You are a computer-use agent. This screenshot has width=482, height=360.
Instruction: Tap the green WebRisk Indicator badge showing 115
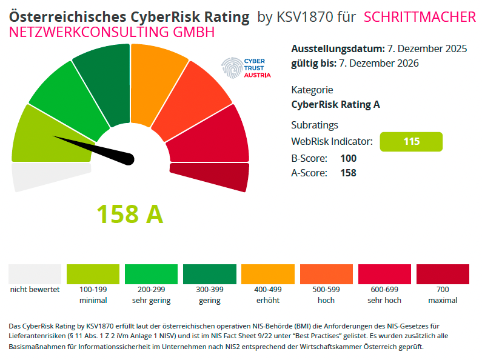(x=411, y=142)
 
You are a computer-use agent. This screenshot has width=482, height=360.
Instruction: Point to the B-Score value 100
(x=348, y=158)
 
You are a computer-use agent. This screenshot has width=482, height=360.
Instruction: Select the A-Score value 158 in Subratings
(x=348, y=173)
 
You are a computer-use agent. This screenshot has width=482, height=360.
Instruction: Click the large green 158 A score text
(x=130, y=213)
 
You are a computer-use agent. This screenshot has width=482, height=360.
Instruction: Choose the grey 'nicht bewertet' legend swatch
(x=35, y=274)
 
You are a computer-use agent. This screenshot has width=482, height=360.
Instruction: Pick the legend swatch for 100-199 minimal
(x=93, y=274)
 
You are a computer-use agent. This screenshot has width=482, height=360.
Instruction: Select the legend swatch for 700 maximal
(x=443, y=274)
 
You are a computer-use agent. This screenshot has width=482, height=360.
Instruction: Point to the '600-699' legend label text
(x=384, y=290)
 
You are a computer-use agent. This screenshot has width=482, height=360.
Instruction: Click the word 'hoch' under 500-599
(x=326, y=300)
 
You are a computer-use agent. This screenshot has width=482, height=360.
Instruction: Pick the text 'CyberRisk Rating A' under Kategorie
(x=335, y=104)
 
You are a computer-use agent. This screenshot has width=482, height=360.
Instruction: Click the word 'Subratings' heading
(x=315, y=125)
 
